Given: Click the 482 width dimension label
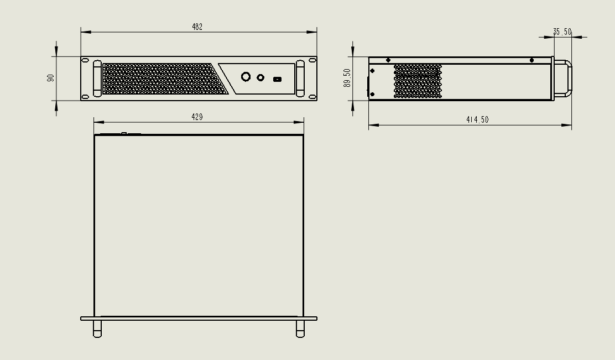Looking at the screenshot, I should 197,27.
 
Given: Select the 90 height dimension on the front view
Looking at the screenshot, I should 51,78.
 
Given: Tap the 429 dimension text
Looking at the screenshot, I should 197,117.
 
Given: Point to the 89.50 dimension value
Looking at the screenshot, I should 347,77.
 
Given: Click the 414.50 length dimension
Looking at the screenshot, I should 477,120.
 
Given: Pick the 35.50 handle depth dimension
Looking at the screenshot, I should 562,32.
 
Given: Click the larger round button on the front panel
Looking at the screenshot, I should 246,77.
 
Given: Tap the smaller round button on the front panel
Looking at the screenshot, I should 260,77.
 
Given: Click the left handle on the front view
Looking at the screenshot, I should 97,79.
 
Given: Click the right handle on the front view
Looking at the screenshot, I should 300,79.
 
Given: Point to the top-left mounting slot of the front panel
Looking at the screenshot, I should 85,60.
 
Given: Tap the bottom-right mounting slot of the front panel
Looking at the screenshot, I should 312,97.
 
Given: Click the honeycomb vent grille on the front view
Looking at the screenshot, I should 163,79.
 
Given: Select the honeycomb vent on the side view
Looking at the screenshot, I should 418,81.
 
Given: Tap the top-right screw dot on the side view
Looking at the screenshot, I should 531,60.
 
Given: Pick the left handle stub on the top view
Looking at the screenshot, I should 97,328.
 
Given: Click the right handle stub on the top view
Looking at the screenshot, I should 300,328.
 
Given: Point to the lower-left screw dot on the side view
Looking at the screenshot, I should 372,95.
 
